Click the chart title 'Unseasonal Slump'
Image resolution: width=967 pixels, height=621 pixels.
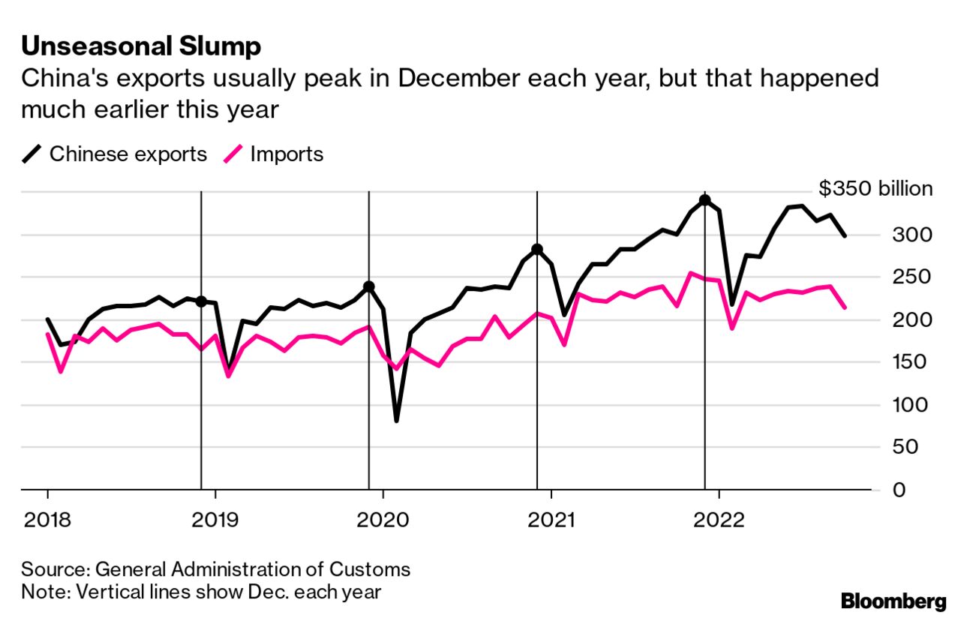[141, 46]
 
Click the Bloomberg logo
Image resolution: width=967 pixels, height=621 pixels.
[893, 601]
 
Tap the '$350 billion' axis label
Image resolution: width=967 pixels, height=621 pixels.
[875, 189]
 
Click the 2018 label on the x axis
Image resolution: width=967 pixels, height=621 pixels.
[47, 519]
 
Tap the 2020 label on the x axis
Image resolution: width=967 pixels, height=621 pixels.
[383, 519]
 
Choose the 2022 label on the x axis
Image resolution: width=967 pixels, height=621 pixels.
[719, 519]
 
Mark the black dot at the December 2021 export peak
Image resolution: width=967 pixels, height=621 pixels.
[704, 200]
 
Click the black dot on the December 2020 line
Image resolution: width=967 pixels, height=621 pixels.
[537, 249]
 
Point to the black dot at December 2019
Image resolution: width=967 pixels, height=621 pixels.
[369, 286]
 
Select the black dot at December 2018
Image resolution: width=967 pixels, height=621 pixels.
[201, 301]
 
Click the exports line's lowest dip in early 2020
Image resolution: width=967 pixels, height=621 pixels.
[396, 421]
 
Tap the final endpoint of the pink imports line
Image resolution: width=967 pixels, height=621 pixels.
[845, 307]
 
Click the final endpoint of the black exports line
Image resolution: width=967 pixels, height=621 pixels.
[845, 235]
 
